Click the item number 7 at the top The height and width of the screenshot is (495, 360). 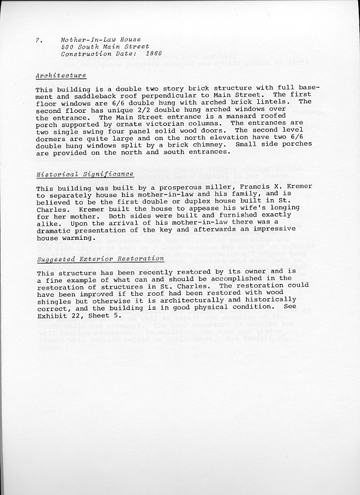(37, 39)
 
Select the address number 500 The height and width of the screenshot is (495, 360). (67, 46)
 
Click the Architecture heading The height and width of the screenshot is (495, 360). (61, 75)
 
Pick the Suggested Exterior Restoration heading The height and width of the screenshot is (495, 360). (100, 258)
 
